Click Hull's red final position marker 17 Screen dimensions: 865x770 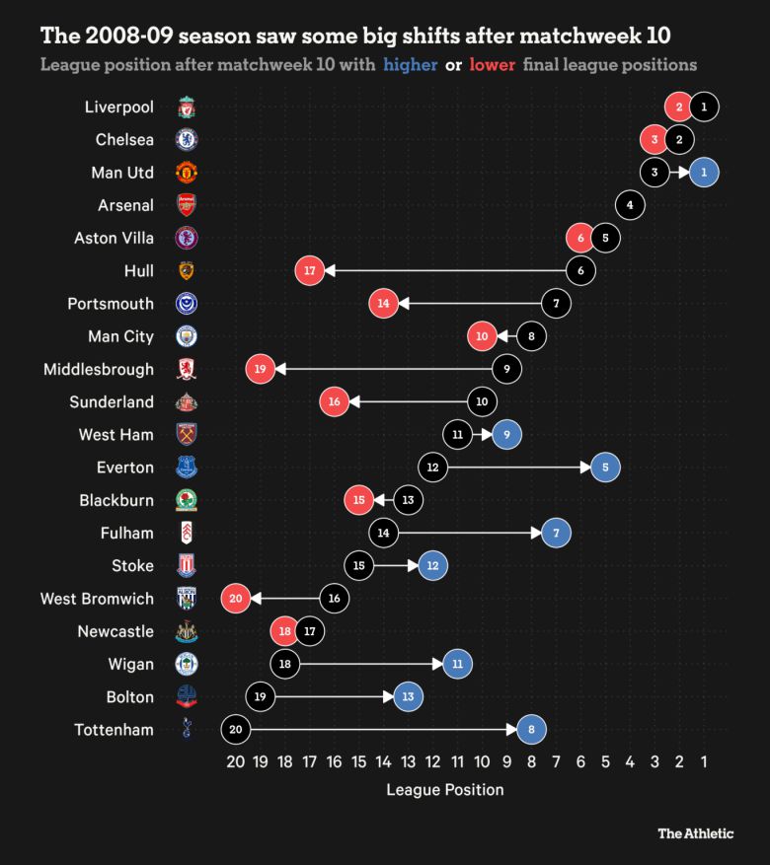pyautogui.click(x=310, y=270)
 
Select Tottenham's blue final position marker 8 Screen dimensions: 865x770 pyautogui.click(x=531, y=730)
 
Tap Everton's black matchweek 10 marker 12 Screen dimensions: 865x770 pyautogui.click(x=432, y=468)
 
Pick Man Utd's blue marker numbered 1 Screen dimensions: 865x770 pyautogui.click(x=704, y=172)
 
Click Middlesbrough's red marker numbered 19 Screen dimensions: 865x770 pyautogui.click(x=261, y=369)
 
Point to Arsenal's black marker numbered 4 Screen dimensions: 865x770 pyautogui.click(x=630, y=205)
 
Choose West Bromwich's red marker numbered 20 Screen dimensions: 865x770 pyautogui.click(x=236, y=599)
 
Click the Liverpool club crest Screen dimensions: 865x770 pyautogui.click(x=187, y=107)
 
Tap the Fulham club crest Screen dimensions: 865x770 pyautogui.click(x=187, y=533)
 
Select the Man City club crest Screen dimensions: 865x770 pyautogui.click(x=187, y=336)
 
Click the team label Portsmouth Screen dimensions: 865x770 pyautogui.click(x=111, y=304)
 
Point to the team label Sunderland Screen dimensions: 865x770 pyautogui.click(x=112, y=401)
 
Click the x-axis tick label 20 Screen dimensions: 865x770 pyautogui.click(x=235, y=761)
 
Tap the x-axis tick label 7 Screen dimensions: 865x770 pyautogui.click(x=556, y=761)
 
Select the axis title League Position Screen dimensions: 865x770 pyautogui.click(x=444, y=790)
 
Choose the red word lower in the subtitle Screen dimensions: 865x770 pyautogui.click(x=492, y=65)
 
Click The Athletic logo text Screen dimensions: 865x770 pyautogui.click(x=696, y=833)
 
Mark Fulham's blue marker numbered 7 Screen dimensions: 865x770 pyautogui.click(x=556, y=533)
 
